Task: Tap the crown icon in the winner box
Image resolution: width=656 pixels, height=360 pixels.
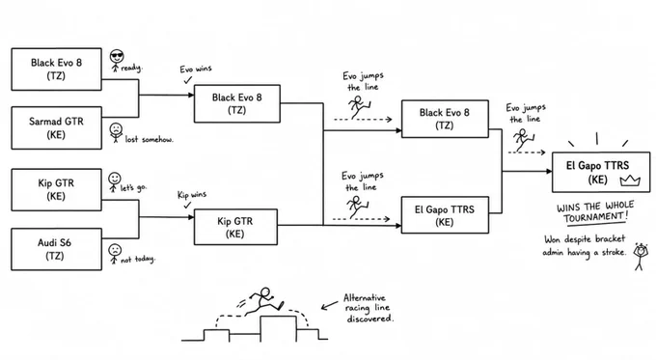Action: [x=630, y=180]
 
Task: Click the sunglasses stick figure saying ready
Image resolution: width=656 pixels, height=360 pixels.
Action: [x=117, y=61]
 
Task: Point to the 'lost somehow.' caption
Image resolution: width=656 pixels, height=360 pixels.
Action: [x=149, y=139]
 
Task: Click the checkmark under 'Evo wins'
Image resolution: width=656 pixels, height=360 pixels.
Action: [x=188, y=79]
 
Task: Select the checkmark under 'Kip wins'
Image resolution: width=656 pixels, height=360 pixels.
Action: [x=187, y=205]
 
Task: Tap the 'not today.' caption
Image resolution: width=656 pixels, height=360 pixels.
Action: [x=138, y=260]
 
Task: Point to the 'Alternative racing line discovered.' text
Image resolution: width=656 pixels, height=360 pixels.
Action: [x=369, y=308]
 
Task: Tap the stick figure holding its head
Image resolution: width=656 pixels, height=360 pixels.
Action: [x=640, y=256]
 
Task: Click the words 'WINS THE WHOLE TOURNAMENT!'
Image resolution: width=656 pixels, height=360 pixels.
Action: [x=595, y=211]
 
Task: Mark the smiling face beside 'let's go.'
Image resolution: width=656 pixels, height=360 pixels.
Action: [x=114, y=179]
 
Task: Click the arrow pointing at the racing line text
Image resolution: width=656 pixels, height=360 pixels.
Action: [x=329, y=305]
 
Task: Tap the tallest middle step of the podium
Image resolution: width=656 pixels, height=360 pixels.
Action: [x=278, y=328]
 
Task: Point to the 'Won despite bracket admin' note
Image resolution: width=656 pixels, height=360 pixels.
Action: [x=585, y=246]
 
